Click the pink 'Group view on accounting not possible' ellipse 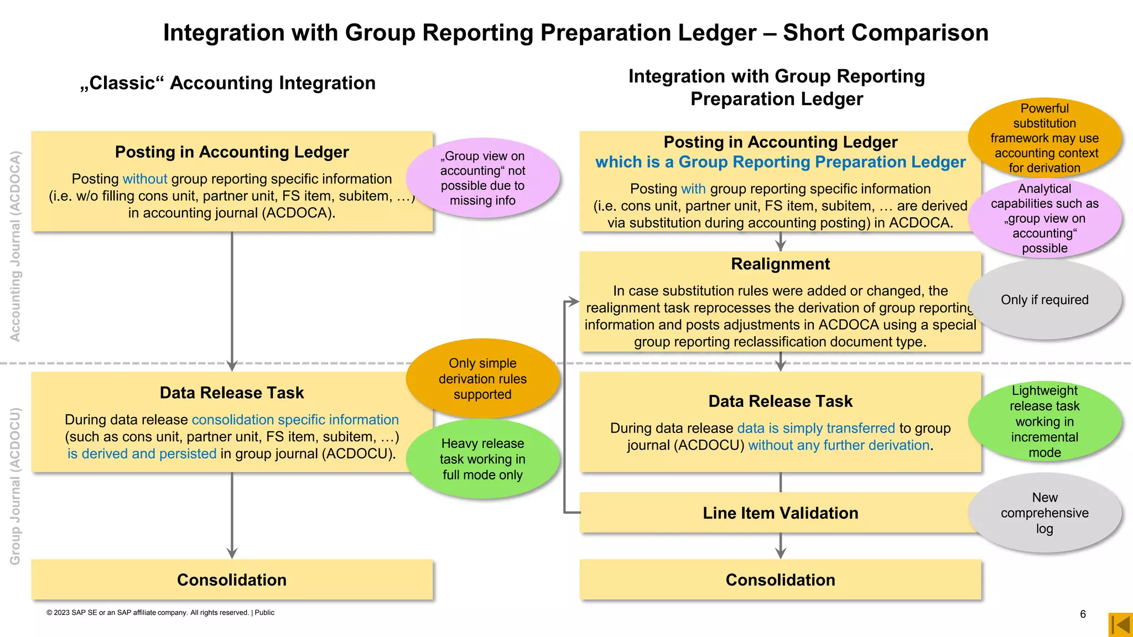[x=482, y=178]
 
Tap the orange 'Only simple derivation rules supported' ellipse [x=482, y=379]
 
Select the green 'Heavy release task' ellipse [x=482, y=459]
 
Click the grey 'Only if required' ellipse [x=1044, y=300]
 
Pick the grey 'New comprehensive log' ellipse [x=1044, y=513]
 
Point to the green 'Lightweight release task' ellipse [x=1044, y=421]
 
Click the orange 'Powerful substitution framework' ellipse [x=1044, y=138]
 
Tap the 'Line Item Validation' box [x=780, y=513]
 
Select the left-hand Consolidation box [x=232, y=579]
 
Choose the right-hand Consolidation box [x=780, y=579]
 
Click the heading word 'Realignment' [x=780, y=264]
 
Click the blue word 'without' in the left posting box [x=145, y=179]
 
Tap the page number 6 [x=1083, y=614]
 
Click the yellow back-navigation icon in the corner [x=1121, y=625]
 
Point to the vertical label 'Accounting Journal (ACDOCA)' [x=15, y=246]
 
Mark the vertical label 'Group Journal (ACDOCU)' [x=15, y=487]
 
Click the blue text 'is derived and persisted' [x=142, y=454]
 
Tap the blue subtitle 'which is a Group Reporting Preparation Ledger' [x=780, y=162]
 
